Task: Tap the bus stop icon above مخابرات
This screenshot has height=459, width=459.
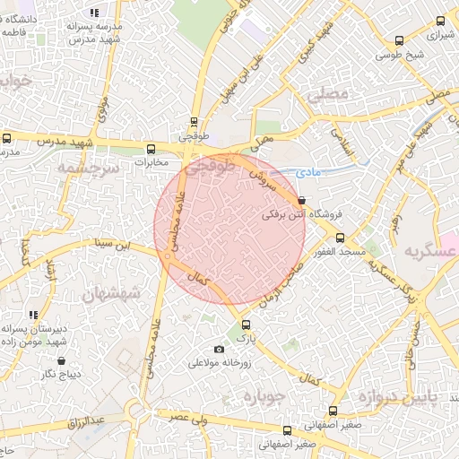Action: click(151, 149)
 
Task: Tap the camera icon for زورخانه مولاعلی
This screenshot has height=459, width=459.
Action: click(219, 349)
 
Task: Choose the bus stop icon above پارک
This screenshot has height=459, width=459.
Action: click(246, 325)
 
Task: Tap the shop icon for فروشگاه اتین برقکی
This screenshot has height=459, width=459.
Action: click(300, 201)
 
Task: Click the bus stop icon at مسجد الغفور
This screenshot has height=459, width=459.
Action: click(339, 238)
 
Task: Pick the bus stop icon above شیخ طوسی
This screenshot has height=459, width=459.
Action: click(398, 40)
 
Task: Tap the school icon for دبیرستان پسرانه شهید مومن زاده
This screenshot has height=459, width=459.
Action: click(33, 315)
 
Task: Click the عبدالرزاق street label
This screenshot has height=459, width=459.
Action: click(89, 420)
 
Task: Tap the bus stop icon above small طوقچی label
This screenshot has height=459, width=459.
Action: click(194, 124)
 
